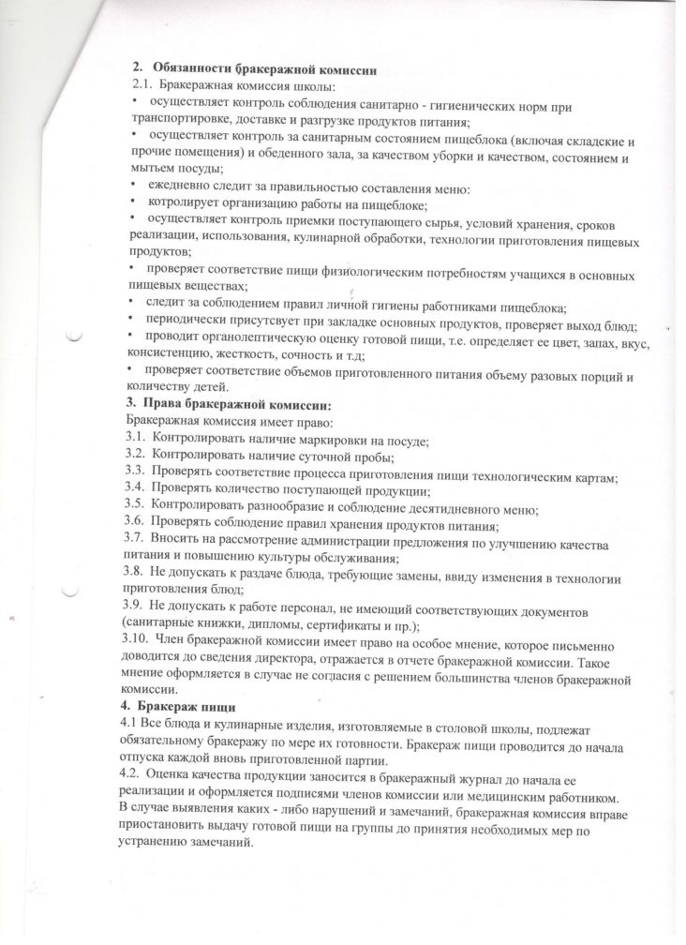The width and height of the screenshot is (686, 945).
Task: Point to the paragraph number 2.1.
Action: [x=142, y=84]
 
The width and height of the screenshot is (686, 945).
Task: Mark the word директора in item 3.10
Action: [x=264, y=660]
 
